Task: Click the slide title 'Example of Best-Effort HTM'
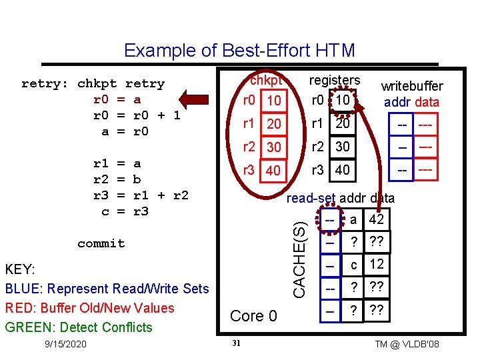(x=239, y=51)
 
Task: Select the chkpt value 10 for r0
(x=272, y=101)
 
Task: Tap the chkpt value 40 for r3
(x=272, y=171)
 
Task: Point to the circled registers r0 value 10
(x=343, y=100)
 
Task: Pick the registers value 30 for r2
(x=343, y=147)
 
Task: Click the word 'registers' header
(x=335, y=80)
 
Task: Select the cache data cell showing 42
(x=376, y=220)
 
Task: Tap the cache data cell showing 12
(x=376, y=264)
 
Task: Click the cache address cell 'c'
(x=353, y=265)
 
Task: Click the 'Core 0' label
(x=253, y=316)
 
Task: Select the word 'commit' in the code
(x=101, y=243)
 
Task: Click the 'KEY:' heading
(x=20, y=269)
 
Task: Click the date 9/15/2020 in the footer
(x=61, y=344)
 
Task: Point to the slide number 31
(x=235, y=343)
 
